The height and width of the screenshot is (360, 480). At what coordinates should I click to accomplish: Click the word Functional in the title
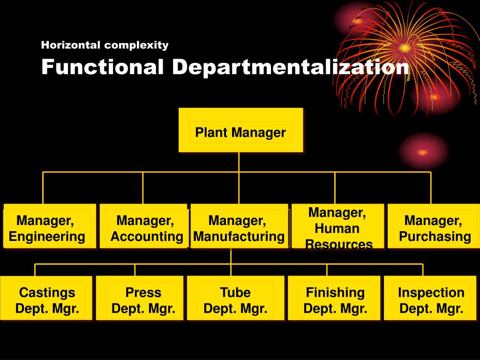[x=103, y=67]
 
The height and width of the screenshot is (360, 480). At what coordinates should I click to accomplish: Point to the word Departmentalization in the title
[x=290, y=67]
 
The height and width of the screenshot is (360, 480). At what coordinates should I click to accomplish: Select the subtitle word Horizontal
[x=71, y=45]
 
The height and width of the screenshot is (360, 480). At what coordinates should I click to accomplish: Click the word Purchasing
[x=435, y=237]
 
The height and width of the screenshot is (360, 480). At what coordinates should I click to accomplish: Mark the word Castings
[x=47, y=292]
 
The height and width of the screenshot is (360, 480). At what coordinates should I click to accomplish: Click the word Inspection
[x=431, y=292]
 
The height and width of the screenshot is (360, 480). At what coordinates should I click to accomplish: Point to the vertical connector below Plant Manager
[x=239, y=162]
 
